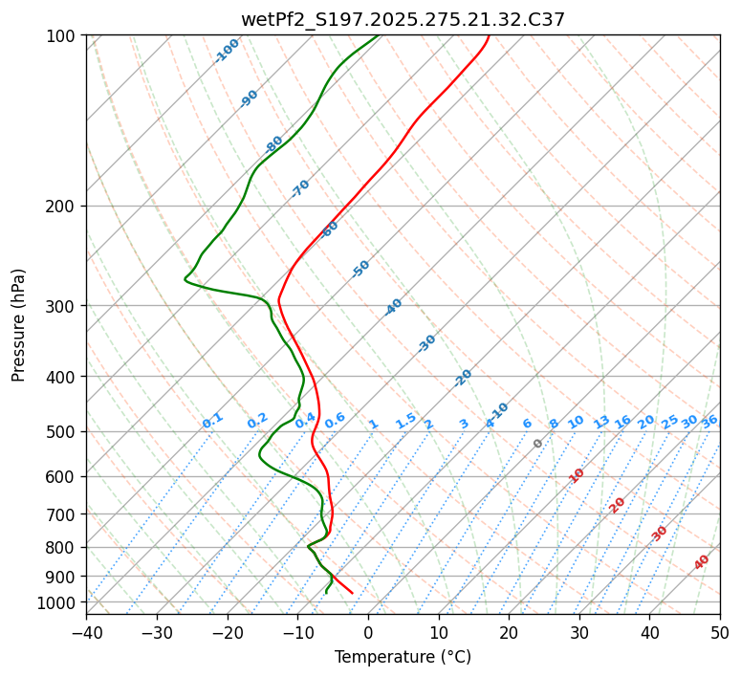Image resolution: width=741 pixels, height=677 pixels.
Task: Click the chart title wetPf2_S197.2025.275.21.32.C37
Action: pyautogui.click(x=403, y=19)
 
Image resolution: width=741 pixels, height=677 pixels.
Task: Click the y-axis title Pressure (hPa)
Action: pyautogui.click(x=19, y=325)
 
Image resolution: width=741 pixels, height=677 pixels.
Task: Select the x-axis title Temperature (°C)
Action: pyautogui.click(x=403, y=657)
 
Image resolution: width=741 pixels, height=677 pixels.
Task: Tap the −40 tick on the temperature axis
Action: pyautogui.click(x=86, y=632)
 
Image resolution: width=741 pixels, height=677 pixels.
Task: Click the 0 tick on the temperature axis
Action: pyautogui.click(x=368, y=632)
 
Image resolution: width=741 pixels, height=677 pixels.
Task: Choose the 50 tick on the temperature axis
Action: pyautogui.click(x=720, y=632)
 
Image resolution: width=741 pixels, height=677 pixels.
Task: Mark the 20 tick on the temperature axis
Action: pyautogui.click(x=509, y=632)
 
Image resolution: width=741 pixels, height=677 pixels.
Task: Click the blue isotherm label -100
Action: pyautogui.click(x=228, y=51)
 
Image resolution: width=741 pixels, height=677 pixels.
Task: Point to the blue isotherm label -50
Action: pyautogui.click(x=360, y=269)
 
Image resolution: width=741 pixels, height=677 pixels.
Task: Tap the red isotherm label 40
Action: pyautogui.click(x=702, y=562)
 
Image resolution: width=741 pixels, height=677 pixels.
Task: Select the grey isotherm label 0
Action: pyautogui.click(x=538, y=444)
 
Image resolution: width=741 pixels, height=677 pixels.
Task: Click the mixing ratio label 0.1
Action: pyautogui.click(x=212, y=421)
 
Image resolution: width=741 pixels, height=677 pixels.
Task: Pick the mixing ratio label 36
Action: pyautogui.click(x=709, y=421)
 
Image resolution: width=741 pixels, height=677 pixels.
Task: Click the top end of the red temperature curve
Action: pyautogui.click(x=489, y=35)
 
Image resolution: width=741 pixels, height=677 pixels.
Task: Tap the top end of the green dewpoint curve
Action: pyautogui.click(x=379, y=35)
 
